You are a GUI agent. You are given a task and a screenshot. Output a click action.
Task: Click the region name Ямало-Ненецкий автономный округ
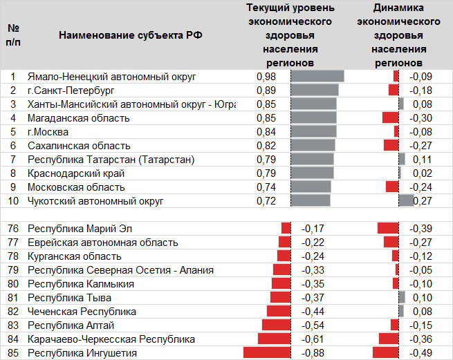tap(111, 77)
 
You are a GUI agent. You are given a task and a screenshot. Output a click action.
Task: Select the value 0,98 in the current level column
tap(266, 77)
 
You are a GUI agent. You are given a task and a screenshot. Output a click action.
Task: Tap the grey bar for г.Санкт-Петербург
tap(315, 91)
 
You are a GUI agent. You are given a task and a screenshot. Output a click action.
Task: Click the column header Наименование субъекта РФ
tap(131, 36)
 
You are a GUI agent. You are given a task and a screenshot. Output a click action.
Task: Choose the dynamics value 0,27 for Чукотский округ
tap(422, 201)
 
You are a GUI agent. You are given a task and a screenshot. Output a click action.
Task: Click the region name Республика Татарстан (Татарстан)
tap(111, 160)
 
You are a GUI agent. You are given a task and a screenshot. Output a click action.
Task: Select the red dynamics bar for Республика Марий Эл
tap(388, 228)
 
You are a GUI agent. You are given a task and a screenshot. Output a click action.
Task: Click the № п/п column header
tap(13, 36)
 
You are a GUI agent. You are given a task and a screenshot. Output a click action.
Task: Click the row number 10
tap(13, 201)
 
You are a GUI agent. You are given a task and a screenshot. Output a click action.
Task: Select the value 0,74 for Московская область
tap(266, 187)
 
